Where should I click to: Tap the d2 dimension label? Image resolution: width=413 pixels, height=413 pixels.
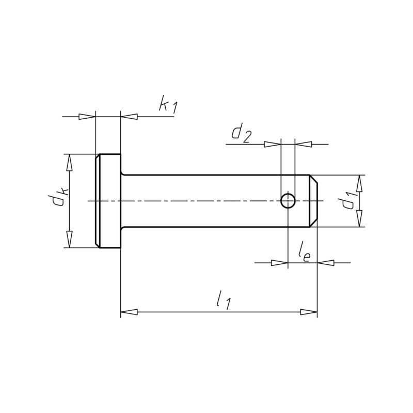(x=242, y=134)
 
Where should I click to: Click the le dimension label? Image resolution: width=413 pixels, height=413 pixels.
(x=305, y=253)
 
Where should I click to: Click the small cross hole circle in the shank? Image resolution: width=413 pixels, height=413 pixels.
(x=288, y=201)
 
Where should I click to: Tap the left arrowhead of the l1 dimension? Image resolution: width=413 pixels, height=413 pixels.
(x=129, y=312)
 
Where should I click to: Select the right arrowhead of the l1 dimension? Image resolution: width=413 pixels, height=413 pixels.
(x=309, y=312)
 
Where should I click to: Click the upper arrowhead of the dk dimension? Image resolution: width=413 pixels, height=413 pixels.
(x=69, y=163)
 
